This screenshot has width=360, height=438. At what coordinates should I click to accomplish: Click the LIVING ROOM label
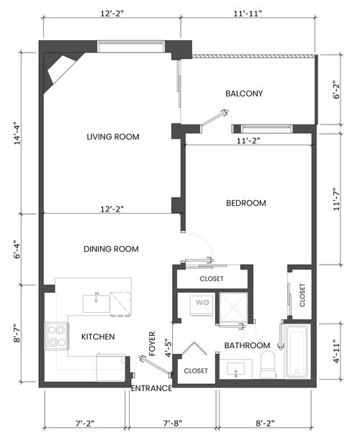[112, 137]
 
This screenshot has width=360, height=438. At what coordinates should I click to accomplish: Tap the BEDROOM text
[246, 203]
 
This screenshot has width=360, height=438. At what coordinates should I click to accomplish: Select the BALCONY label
[243, 93]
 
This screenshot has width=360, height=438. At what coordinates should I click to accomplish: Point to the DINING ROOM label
[111, 249]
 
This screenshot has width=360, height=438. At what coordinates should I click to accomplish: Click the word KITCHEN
[97, 336]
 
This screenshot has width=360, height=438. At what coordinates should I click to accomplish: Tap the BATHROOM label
[246, 345]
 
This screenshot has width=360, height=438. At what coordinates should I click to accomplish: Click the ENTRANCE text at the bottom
[151, 388]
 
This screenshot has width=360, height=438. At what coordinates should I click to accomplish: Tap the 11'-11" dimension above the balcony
[247, 12]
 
